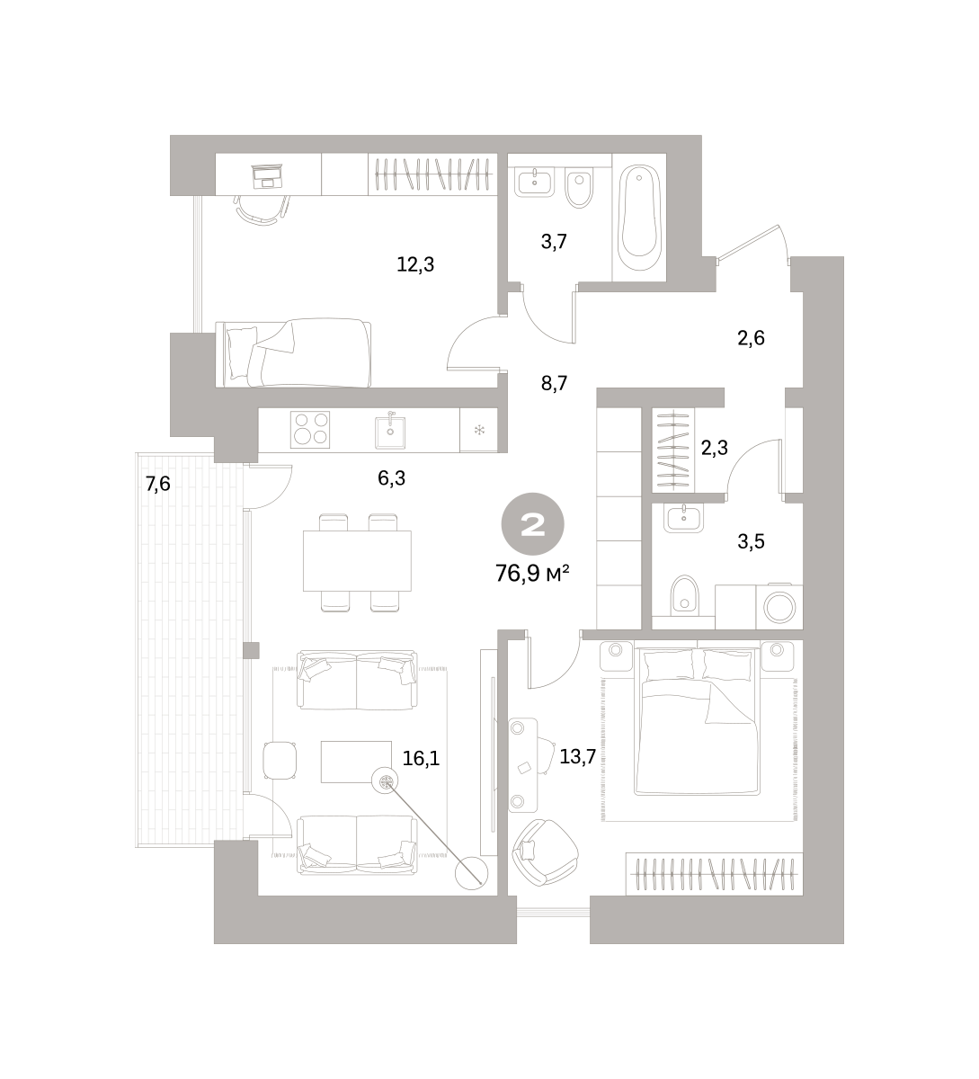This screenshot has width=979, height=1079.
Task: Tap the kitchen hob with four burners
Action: (x=310, y=429)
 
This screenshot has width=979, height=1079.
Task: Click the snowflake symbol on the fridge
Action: (x=479, y=430)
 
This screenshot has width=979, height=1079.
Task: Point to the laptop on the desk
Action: (x=267, y=176)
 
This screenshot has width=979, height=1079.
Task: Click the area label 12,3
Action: (x=415, y=264)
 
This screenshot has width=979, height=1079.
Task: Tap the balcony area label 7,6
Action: (x=157, y=484)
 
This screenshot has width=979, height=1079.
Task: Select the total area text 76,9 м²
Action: (x=532, y=574)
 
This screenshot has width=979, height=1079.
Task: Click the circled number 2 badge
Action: (x=532, y=524)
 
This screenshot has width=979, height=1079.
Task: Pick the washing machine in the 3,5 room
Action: (x=779, y=606)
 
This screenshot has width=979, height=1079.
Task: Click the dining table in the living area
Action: (x=357, y=561)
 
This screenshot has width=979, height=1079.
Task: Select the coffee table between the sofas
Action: (x=356, y=762)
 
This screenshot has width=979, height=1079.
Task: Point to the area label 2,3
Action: (x=715, y=448)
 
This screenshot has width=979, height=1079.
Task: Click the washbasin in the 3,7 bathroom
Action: (x=534, y=183)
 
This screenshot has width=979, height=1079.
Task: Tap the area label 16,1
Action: (x=422, y=758)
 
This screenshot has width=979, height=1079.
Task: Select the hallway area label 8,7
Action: (x=554, y=384)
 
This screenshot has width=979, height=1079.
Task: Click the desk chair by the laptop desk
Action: (x=262, y=210)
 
